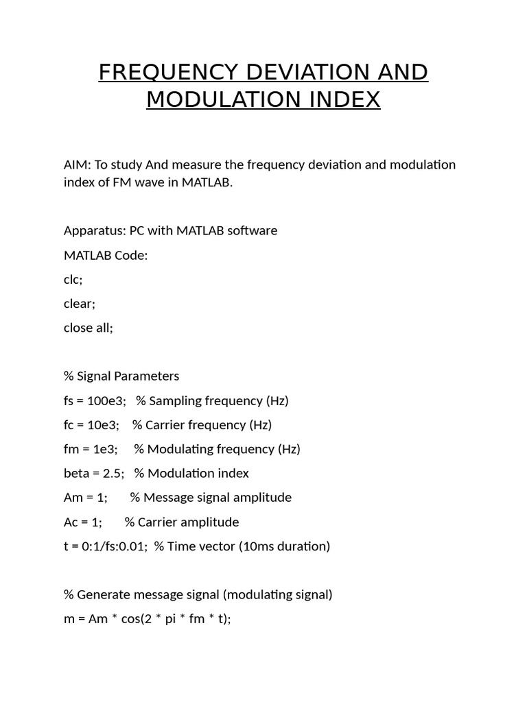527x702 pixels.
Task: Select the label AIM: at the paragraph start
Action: (77, 165)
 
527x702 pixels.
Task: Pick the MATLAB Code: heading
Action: (106, 255)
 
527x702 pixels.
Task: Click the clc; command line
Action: (73, 280)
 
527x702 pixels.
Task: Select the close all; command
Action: (89, 328)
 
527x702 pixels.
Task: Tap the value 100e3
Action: (106, 400)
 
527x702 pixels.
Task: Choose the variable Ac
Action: (71, 522)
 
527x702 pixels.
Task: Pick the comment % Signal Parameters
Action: (121, 376)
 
